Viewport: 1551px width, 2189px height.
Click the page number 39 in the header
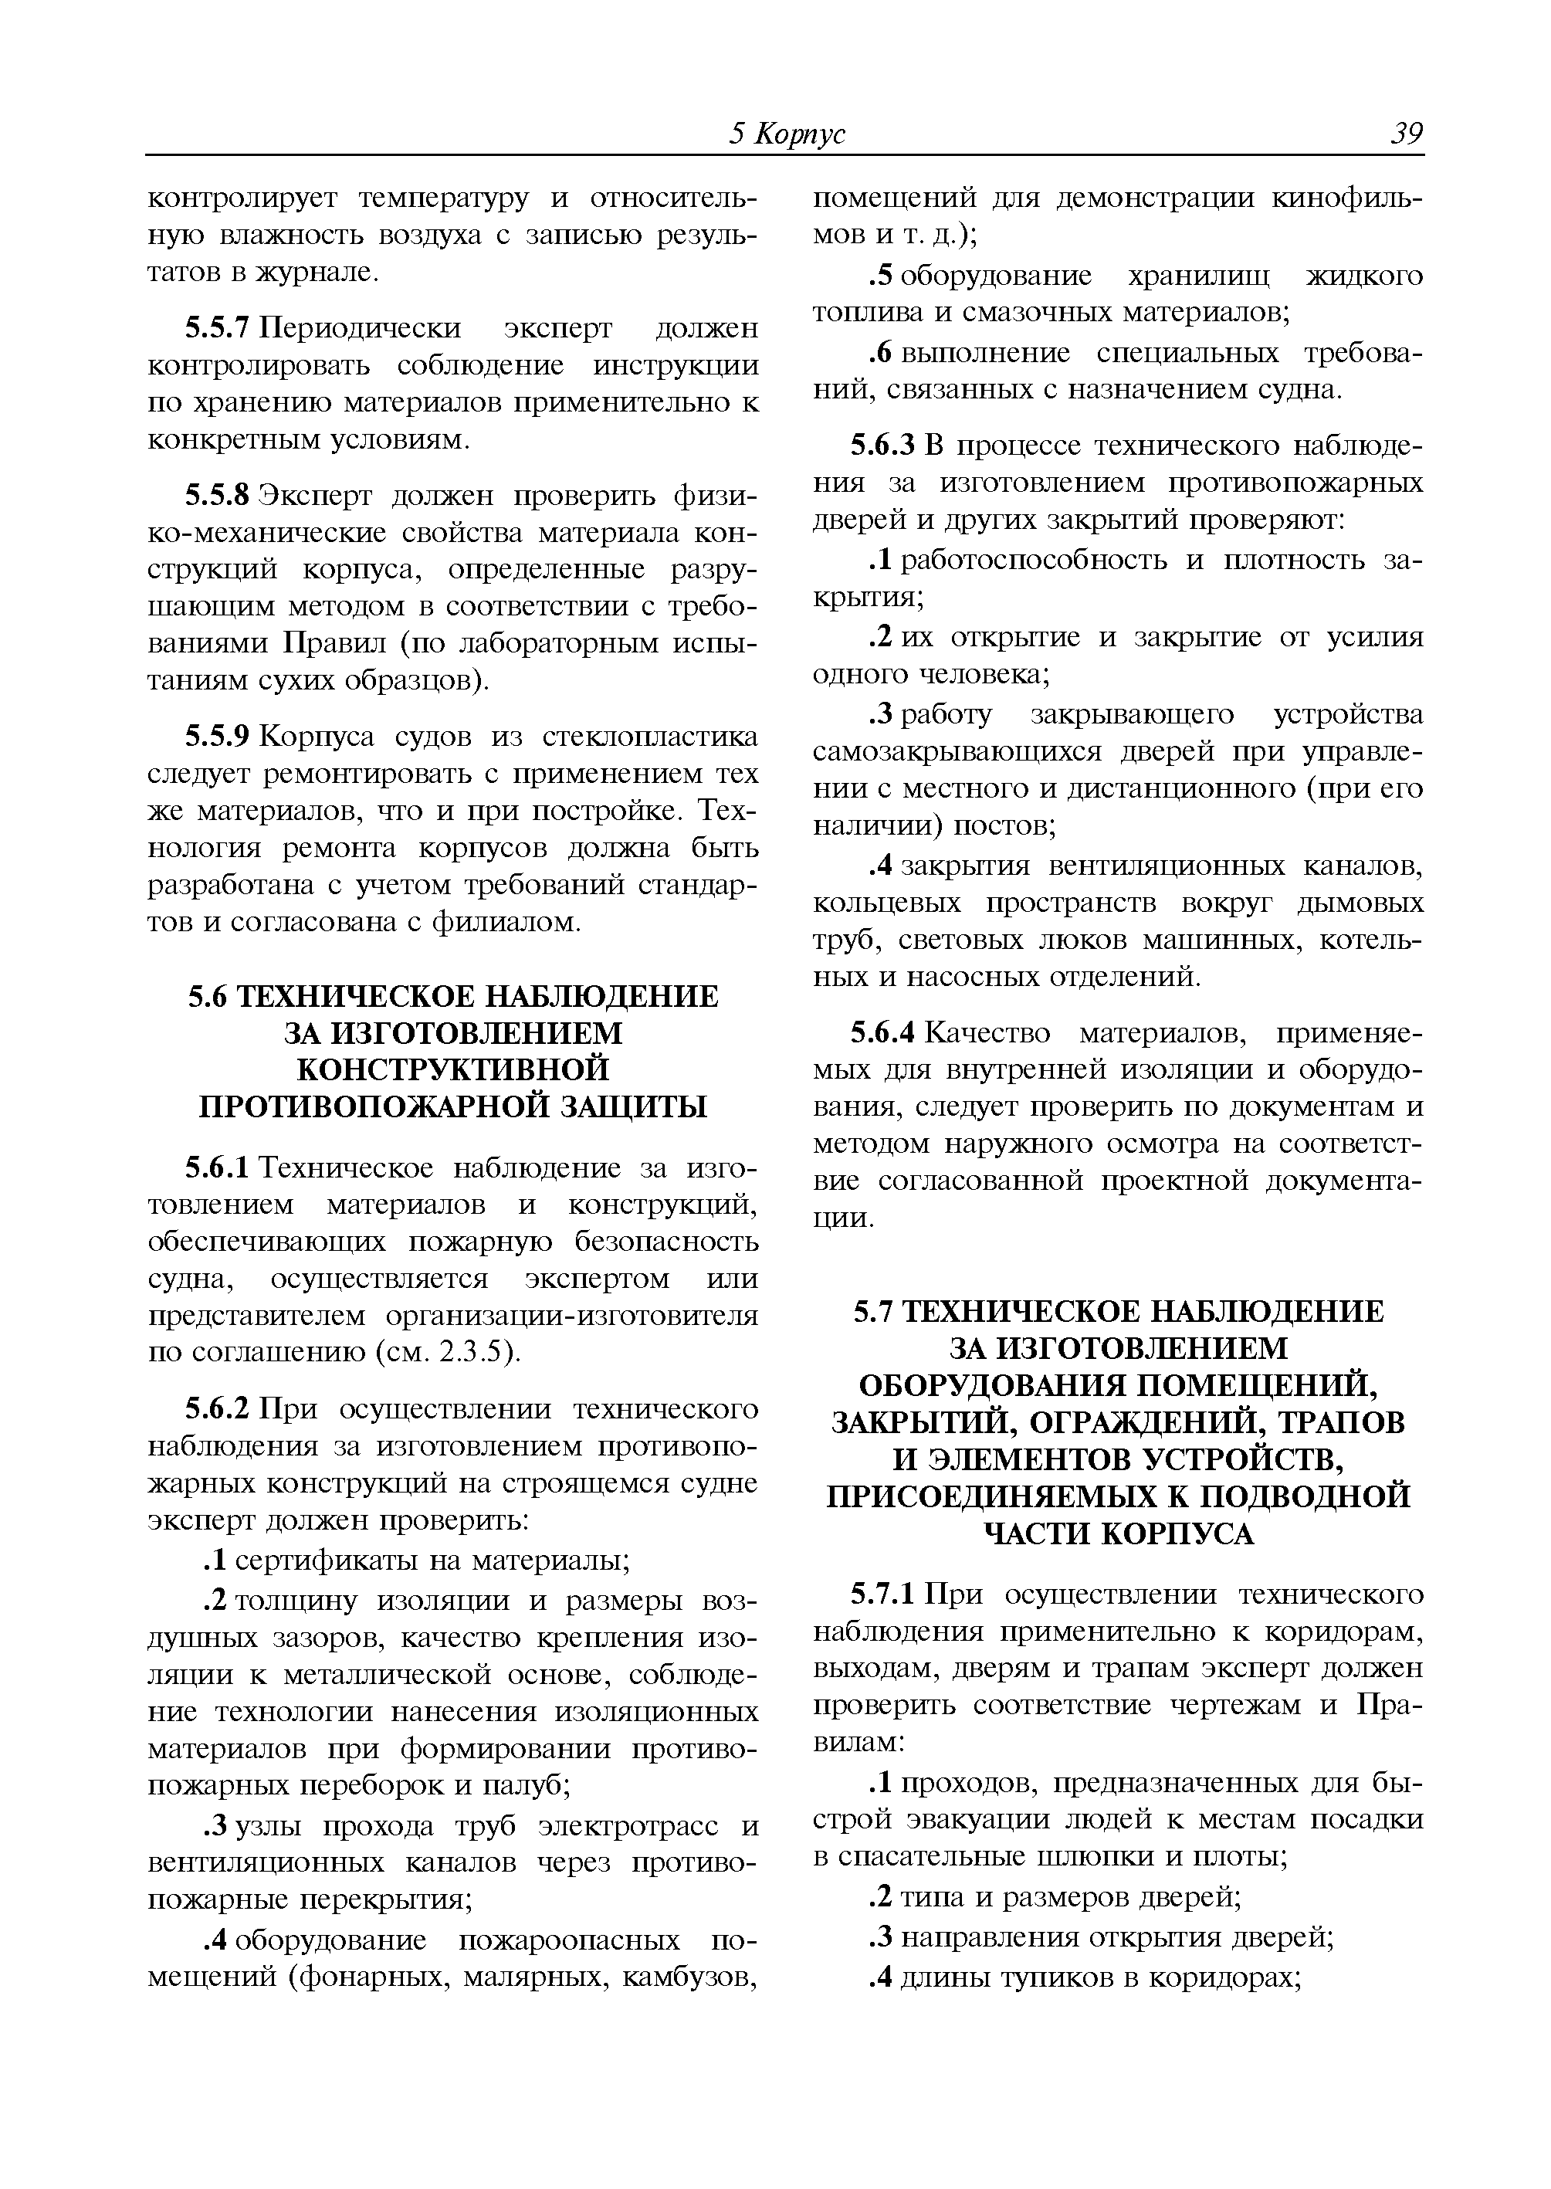point(1406,134)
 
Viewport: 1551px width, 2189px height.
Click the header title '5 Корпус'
point(786,134)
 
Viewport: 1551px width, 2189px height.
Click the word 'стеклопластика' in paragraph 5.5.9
point(650,737)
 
